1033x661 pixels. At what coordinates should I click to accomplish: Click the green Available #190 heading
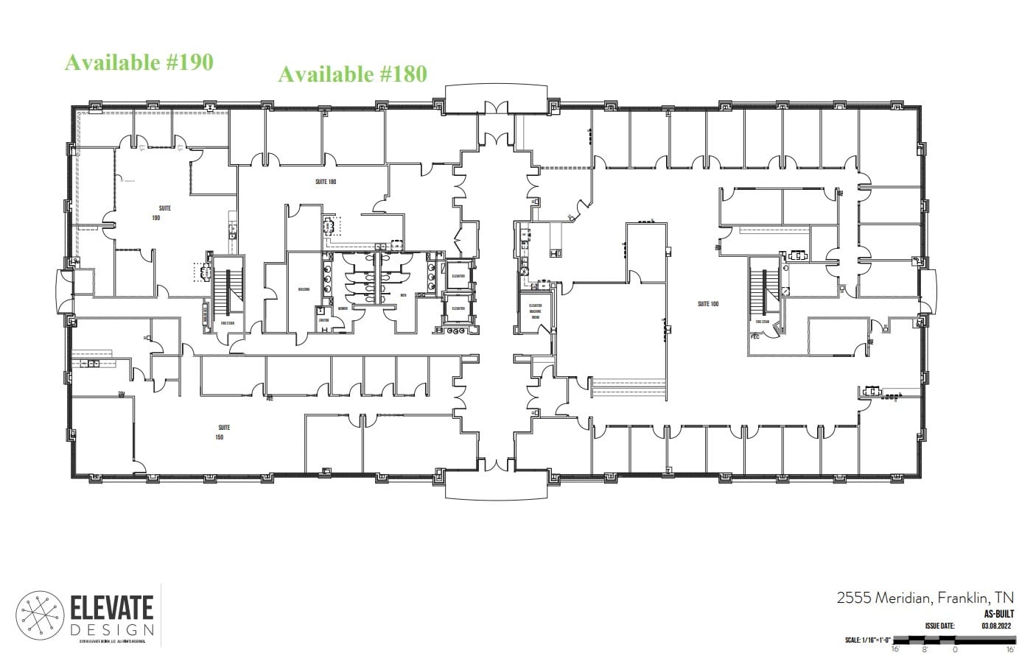(139, 63)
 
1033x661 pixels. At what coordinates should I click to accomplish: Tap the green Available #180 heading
(351, 74)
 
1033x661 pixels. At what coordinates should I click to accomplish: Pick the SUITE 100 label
(708, 303)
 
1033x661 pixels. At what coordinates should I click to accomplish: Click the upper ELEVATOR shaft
(458, 275)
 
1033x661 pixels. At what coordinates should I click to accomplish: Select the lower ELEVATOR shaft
(458, 308)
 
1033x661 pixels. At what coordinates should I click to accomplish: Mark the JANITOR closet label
(323, 320)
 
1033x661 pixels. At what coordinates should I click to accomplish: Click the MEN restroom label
(403, 295)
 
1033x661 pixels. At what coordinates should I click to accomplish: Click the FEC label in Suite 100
(754, 336)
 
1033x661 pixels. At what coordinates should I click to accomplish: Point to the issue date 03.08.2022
(995, 626)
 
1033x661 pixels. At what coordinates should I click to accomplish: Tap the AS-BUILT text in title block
(996, 613)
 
